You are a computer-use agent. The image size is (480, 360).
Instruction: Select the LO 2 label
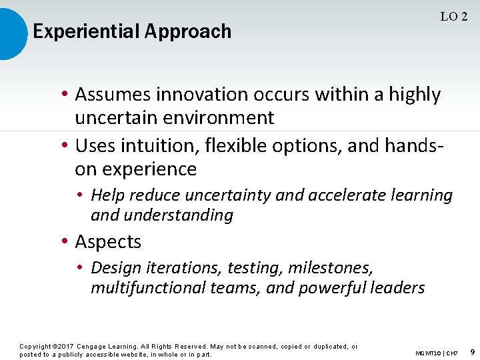click(453, 17)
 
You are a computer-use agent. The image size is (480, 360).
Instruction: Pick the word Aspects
click(108, 242)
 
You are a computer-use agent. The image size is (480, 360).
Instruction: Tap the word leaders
click(399, 288)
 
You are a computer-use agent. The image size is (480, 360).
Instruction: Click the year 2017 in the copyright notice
click(65, 347)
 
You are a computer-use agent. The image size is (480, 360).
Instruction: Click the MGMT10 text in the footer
click(427, 353)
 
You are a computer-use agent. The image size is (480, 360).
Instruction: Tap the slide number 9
click(471, 351)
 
